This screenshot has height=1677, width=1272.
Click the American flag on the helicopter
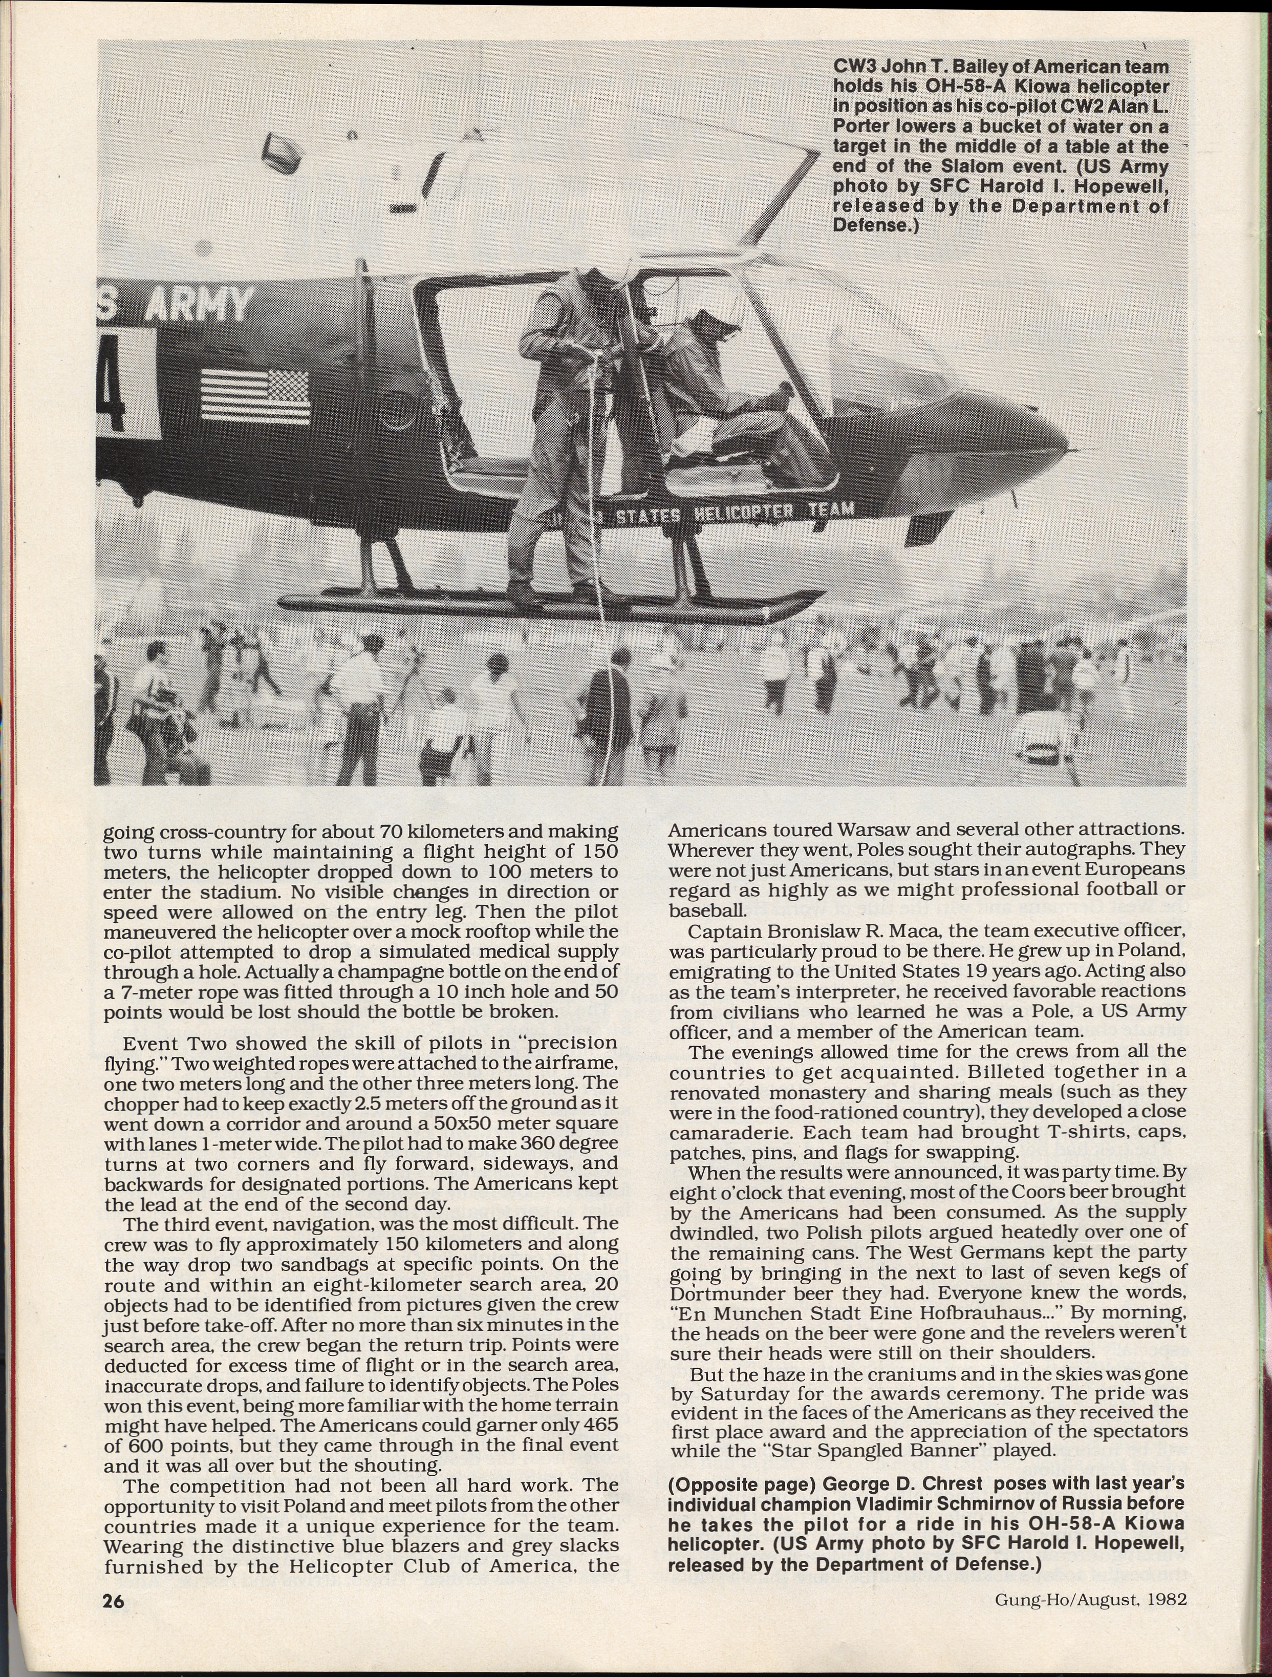[x=255, y=396]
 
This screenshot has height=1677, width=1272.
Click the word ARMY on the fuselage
[x=199, y=305]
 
